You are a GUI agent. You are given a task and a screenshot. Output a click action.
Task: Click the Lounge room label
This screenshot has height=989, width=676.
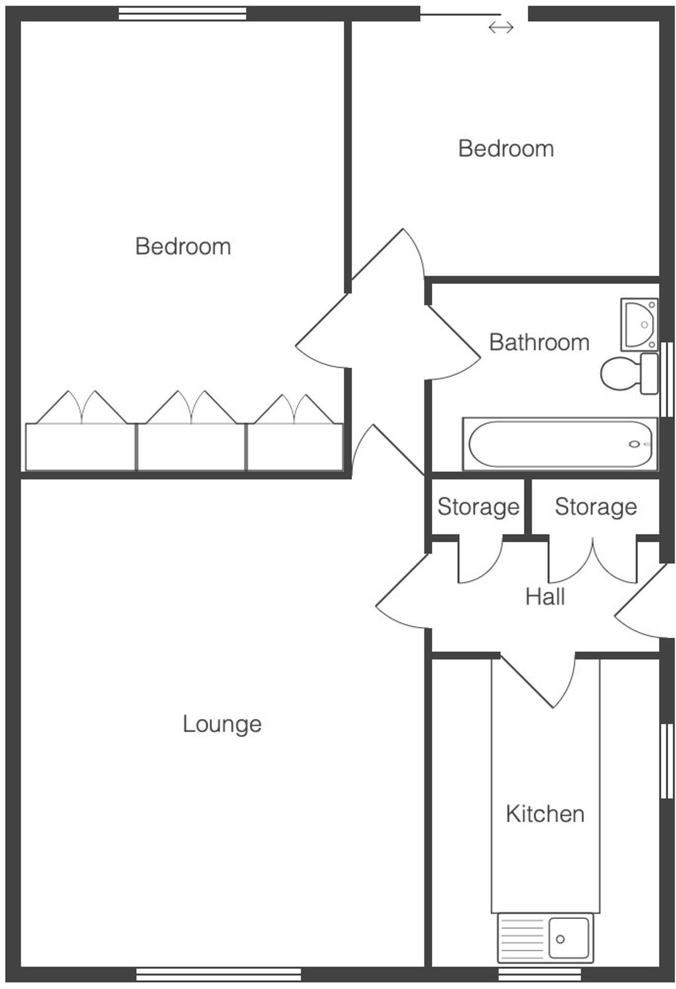pyautogui.click(x=222, y=724)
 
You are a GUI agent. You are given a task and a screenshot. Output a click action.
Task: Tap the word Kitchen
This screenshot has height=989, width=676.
pyautogui.click(x=545, y=814)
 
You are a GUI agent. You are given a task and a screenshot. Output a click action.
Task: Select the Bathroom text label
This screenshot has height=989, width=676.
pyautogui.click(x=539, y=342)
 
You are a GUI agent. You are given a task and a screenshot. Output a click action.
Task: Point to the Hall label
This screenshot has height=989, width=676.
pyautogui.click(x=545, y=596)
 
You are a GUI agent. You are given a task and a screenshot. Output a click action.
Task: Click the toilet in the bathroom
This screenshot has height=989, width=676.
pyautogui.click(x=625, y=373)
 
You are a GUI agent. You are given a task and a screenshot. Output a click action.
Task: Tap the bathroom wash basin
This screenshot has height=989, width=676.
pyautogui.click(x=639, y=325)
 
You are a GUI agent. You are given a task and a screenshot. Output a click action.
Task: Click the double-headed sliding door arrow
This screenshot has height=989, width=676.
pyautogui.click(x=501, y=27)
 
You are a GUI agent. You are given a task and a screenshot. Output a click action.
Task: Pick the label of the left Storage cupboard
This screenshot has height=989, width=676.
pyautogui.click(x=478, y=507)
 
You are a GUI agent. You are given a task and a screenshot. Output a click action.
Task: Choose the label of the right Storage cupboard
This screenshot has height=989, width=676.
pyautogui.click(x=596, y=507)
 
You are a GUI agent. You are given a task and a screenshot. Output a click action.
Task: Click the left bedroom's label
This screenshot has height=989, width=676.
pyautogui.click(x=183, y=246)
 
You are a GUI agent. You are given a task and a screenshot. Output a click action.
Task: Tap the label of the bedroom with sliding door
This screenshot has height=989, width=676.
pyautogui.click(x=506, y=149)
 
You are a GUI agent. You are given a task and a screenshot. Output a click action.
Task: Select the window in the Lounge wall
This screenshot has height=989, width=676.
pyautogui.click(x=218, y=975)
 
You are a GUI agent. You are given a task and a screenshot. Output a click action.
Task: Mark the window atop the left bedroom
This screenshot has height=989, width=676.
pyautogui.click(x=182, y=13)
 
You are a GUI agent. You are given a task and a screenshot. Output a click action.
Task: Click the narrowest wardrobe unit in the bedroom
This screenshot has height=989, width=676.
pyautogui.click(x=295, y=447)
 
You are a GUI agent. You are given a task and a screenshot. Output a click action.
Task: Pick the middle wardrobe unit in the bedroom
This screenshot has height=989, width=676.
pyautogui.click(x=191, y=447)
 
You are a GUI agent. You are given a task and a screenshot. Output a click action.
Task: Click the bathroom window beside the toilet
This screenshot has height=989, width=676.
pyautogui.click(x=667, y=379)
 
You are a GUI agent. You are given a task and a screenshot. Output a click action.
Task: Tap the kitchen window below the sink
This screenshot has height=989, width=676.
pyautogui.click(x=540, y=975)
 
